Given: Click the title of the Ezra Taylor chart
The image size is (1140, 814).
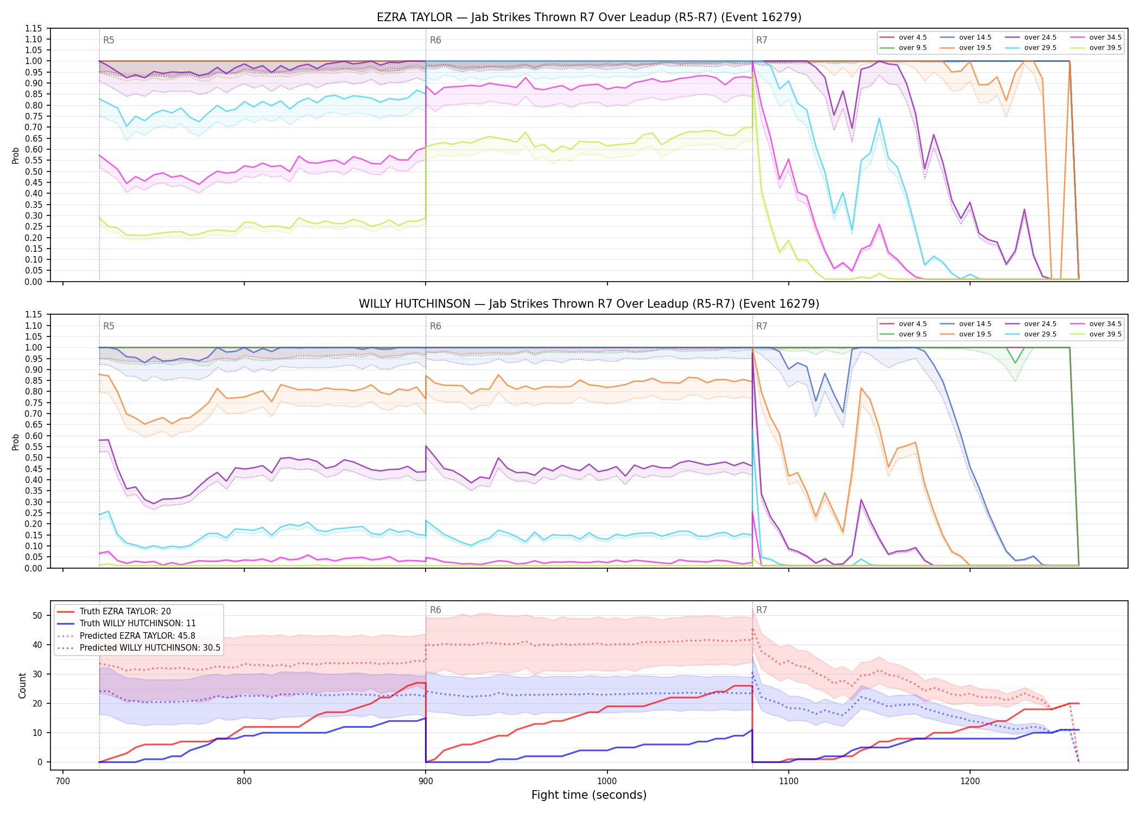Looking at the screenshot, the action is pyautogui.click(x=589, y=17).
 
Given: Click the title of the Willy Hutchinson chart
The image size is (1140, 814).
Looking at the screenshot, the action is pyautogui.click(x=589, y=304).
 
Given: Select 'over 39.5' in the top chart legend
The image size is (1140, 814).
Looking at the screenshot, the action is pyautogui.click(x=1105, y=48).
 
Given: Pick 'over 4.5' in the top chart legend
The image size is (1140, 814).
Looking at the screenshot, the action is pyautogui.click(x=913, y=37).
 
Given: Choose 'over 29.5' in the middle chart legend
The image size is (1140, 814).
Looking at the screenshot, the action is pyautogui.click(x=1040, y=334).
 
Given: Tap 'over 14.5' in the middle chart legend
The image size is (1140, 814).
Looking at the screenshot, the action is pyautogui.click(x=975, y=324).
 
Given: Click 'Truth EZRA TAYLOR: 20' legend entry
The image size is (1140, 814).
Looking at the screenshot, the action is pyautogui.click(x=125, y=612).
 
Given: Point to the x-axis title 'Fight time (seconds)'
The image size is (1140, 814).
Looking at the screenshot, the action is pyautogui.click(x=589, y=795).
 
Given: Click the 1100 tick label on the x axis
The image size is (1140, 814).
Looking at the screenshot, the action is pyautogui.click(x=788, y=781).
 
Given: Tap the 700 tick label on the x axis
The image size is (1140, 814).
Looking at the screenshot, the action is pyautogui.click(x=63, y=781).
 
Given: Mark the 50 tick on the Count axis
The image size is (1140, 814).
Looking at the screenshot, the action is pyautogui.click(x=37, y=615).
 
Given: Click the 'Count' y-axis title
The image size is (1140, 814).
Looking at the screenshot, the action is pyautogui.click(x=22, y=685).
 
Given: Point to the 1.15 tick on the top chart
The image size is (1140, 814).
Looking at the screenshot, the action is pyautogui.click(x=34, y=28).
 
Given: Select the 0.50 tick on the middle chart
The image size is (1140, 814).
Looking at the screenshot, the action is pyautogui.click(x=34, y=457).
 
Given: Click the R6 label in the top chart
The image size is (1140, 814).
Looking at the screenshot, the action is pyautogui.click(x=435, y=40).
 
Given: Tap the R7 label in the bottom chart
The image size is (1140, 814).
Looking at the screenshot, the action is pyautogui.click(x=762, y=610).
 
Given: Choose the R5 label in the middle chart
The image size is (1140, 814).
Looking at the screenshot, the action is pyautogui.click(x=109, y=326).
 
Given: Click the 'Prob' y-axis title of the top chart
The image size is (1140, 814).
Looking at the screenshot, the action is pyautogui.click(x=15, y=155).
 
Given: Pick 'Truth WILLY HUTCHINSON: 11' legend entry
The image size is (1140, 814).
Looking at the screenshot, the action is pyautogui.click(x=138, y=624).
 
